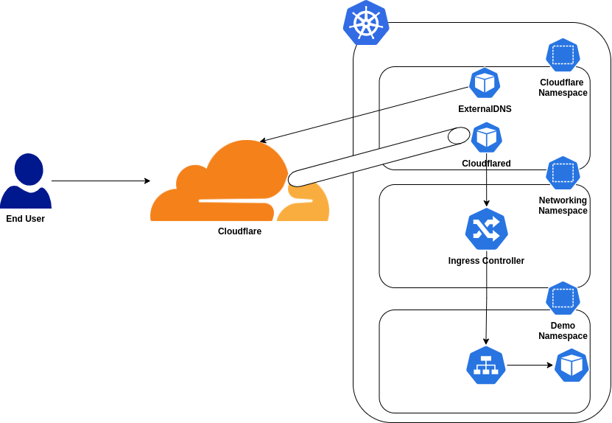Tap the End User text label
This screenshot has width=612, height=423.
(26, 219)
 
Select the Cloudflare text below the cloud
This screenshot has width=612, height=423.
(239, 231)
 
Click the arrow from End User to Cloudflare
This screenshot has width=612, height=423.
(100, 181)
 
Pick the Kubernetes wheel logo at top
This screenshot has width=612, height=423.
(366, 23)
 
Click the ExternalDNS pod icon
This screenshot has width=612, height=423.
(485, 83)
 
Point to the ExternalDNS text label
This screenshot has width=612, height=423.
(485, 109)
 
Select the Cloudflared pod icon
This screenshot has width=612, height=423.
(486, 137)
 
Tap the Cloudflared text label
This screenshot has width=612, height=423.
(486, 164)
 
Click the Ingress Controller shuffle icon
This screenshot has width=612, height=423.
(486, 228)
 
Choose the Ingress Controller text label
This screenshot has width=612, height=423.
(486, 261)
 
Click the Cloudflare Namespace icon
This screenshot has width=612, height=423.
(563, 55)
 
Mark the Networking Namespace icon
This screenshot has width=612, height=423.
(563, 173)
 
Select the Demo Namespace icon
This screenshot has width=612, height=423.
(563, 298)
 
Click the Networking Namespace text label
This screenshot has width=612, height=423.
(563, 206)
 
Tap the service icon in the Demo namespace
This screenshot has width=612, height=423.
(486, 366)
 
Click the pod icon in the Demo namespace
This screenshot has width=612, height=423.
(571, 366)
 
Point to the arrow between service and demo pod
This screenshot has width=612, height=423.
(529, 365)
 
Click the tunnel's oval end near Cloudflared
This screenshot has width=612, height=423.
(459, 136)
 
